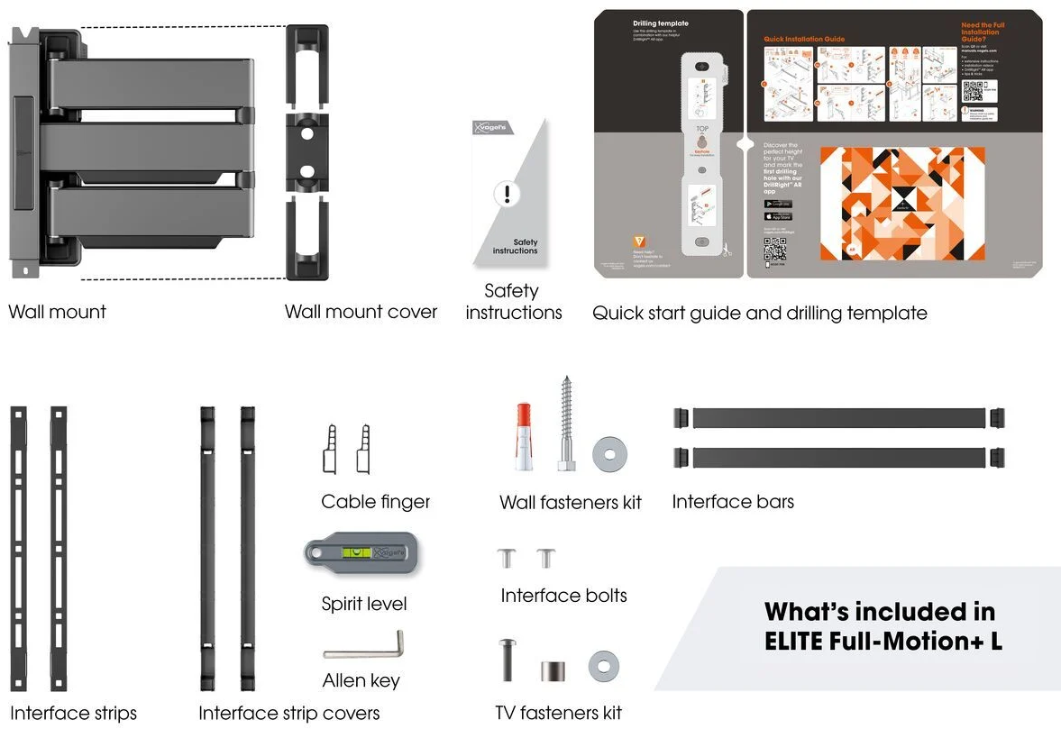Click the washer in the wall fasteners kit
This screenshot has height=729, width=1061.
[x=610, y=454]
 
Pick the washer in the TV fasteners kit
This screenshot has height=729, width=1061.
[x=604, y=667]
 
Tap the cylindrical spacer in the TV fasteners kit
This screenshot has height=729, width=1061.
[x=553, y=671]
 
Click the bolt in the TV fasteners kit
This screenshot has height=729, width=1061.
[x=507, y=660]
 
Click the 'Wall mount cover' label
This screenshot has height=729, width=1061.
[x=361, y=312]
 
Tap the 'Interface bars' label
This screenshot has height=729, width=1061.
[x=733, y=502]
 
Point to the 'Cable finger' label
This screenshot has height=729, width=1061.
[x=376, y=502]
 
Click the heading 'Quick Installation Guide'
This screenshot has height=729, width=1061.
[x=804, y=40]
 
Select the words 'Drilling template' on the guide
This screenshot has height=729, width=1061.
[x=660, y=23]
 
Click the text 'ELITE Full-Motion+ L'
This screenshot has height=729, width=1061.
[x=883, y=641]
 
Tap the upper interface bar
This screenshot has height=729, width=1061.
[x=839, y=418]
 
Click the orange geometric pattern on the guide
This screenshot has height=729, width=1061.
[x=901, y=203]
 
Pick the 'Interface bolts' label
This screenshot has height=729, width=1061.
[x=563, y=596]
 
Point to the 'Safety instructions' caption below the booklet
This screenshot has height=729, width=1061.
[x=514, y=302]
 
